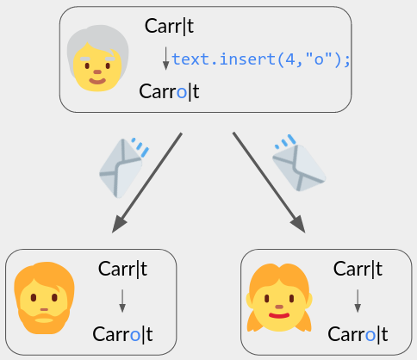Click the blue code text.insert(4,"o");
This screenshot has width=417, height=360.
(x=261, y=59)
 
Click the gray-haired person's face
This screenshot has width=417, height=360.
(x=97, y=59)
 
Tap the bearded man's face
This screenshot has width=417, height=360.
(x=44, y=298)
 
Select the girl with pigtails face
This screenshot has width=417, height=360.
(x=279, y=298)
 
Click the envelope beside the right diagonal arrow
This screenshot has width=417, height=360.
(x=299, y=164)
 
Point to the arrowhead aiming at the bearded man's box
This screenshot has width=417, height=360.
(x=119, y=224)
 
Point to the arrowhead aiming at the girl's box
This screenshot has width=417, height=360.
(x=298, y=224)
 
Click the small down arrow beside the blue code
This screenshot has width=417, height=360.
(x=165, y=59)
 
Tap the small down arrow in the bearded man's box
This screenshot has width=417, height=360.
(x=122, y=301)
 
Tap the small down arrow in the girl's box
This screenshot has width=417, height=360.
(x=358, y=301)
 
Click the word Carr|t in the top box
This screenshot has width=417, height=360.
(x=169, y=26)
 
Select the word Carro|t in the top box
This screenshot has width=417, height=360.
(x=169, y=91)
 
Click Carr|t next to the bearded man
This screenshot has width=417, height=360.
(x=122, y=269)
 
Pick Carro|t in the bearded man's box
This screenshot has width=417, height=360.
(x=122, y=334)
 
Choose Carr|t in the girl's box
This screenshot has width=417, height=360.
(x=358, y=269)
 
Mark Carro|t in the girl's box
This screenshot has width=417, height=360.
(x=358, y=334)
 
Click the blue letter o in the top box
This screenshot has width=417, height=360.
(x=182, y=93)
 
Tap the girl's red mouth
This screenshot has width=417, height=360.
(x=279, y=316)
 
